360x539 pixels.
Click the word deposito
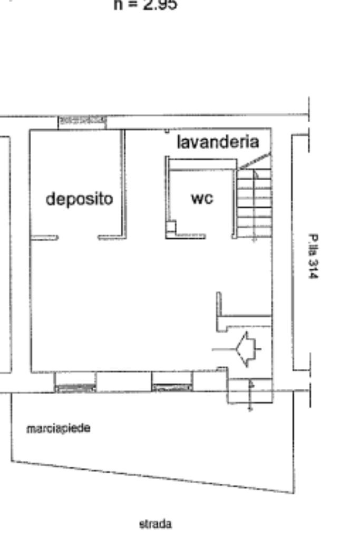[x=79, y=199]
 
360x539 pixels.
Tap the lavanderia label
[x=218, y=142]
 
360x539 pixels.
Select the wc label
[x=202, y=199]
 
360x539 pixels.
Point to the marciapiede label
[x=58, y=428]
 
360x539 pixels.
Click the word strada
[x=155, y=524]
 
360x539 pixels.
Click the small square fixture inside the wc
[x=171, y=227]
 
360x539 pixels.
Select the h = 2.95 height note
[x=145, y=5]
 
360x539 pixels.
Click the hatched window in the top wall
[x=82, y=121]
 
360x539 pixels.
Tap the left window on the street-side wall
[x=75, y=388]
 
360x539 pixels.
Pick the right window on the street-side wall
[x=172, y=388]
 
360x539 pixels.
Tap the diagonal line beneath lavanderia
[x=254, y=161]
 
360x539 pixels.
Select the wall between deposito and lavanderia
[x=124, y=182]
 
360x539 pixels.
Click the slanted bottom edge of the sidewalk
[x=153, y=477]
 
